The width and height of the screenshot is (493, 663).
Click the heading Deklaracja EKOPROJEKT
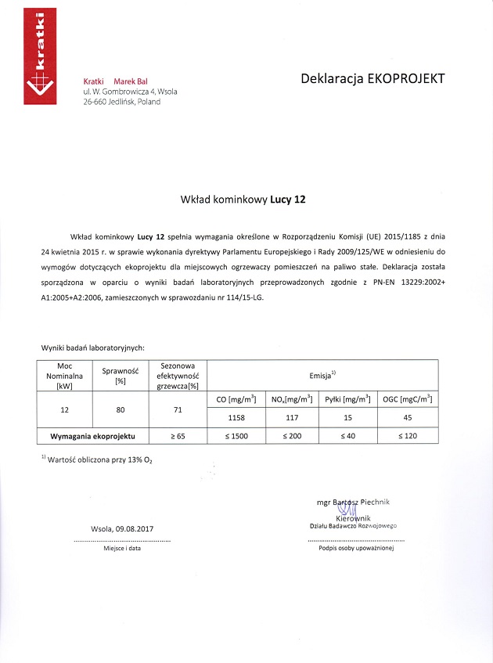372,78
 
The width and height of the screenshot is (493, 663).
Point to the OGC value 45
407,418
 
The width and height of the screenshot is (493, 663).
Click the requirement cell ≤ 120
407,435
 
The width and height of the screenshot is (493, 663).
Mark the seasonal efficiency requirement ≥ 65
178,435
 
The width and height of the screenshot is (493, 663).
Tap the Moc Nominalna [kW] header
65,375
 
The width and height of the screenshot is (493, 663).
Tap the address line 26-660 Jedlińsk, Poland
121,102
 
